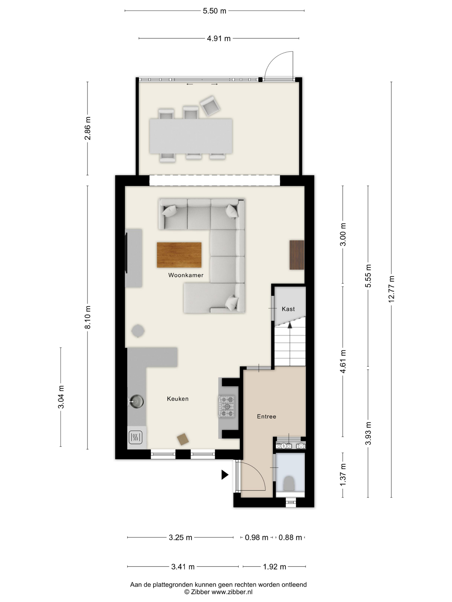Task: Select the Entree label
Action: tap(266, 416)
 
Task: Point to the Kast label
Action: tap(288, 309)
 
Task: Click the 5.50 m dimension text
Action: tap(214, 11)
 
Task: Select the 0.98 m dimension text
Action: tap(256, 537)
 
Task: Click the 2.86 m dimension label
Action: tap(87, 128)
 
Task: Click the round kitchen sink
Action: tap(137, 401)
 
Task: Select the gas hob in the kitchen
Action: tap(227, 407)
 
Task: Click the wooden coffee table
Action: tap(179, 255)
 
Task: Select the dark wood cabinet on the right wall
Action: tap(297, 255)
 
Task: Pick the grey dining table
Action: tap(191, 136)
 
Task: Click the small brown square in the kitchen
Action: tap(183, 439)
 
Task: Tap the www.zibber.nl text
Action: tap(232, 592)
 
